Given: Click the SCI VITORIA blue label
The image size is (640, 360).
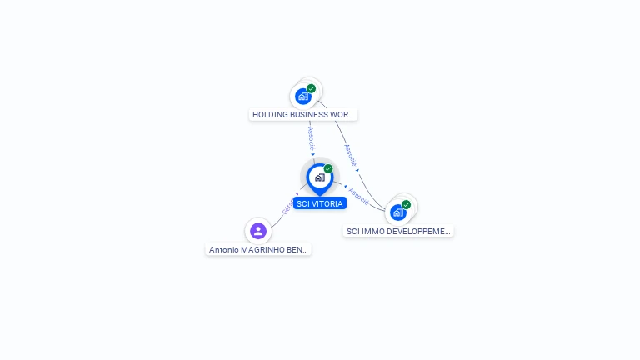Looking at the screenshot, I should pyautogui.click(x=320, y=203).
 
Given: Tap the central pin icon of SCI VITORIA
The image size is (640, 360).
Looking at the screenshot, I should pyautogui.click(x=318, y=177).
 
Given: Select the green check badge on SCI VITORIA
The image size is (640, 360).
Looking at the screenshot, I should pyautogui.click(x=328, y=168).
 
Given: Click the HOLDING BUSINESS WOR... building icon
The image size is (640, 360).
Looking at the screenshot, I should pyautogui.click(x=303, y=97).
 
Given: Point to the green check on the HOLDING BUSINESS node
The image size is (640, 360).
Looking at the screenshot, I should pyautogui.click(x=312, y=88).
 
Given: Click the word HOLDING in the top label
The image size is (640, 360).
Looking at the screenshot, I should pyautogui.click(x=269, y=115).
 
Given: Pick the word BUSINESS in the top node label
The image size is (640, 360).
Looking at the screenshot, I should pyautogui.click(x=308, y=115).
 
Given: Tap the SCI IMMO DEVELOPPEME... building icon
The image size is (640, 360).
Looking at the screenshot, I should pyautogui.click(x=398, y=212).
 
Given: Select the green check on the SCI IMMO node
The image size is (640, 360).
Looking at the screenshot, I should pyautogui.click(x=407, y=204).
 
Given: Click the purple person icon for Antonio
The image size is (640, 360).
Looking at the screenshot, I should pyautogui.click(x=258, y=231).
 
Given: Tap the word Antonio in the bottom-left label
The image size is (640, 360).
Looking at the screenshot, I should pyautogui.click(x=223, y=249).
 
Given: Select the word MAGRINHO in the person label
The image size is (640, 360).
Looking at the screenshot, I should pyautogui.click(x=261, y=249).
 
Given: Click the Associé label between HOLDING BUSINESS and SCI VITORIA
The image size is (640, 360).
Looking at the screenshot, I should pyautogui.click(x=311, y=137).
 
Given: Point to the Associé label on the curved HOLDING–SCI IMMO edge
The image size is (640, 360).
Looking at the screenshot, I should pyautogui.click(x=350, y=155).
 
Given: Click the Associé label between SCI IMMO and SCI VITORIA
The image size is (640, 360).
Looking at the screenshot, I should pyautogui.click(x=359, y=197).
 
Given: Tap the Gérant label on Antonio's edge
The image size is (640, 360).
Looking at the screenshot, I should pyautogui.click(x=286, y=207).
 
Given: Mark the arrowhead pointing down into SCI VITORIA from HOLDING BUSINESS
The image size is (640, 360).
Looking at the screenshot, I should pyautogui.click(x=313, y=154).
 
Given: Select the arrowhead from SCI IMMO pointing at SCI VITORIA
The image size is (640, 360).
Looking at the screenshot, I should pyautogui.click(x=345, y=187).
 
